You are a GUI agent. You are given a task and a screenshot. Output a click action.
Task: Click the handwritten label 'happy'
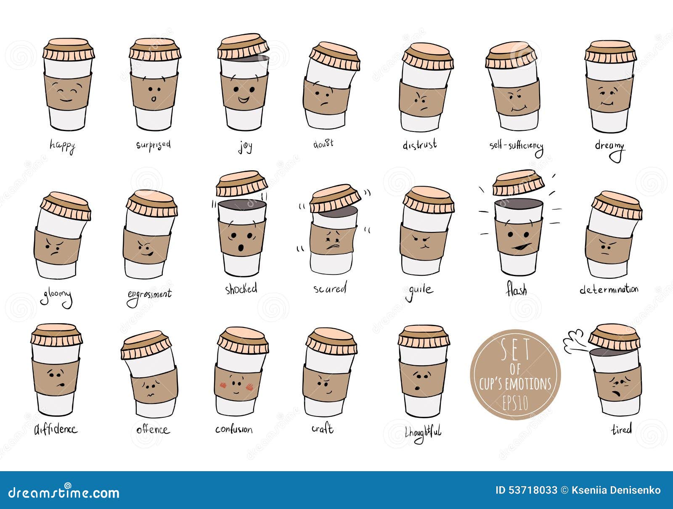62,145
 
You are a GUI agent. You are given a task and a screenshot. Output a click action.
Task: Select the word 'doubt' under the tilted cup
323,143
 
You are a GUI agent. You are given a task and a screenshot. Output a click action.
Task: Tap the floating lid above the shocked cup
241,183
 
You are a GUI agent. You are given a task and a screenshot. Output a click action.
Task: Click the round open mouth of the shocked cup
241,248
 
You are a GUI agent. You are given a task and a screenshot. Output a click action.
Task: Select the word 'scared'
329,289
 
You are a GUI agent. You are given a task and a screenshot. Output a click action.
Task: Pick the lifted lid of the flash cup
518,182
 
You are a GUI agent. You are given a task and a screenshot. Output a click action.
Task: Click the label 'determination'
609,289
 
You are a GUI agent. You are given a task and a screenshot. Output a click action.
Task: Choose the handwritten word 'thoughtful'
423,431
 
